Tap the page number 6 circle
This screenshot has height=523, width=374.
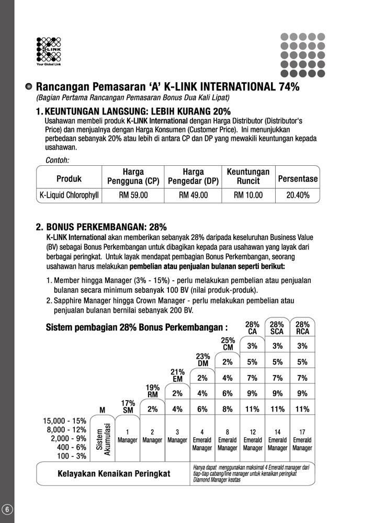coord(7,509)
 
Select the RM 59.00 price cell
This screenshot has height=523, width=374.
coord(133,195)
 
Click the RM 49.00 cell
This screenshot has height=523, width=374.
coord(193,195)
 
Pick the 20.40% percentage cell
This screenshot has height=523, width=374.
coord(298,195)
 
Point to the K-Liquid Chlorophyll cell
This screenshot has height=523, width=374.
coord(69,195)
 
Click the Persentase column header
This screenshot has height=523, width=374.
coord(298,179)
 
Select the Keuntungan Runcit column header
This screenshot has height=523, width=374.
coord(248,176)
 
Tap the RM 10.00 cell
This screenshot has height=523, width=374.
coord(248,195)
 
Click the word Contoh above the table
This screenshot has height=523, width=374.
coord(58,161)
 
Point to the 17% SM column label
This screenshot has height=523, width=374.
coord(128,407)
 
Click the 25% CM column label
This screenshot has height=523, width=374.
coord(228,344)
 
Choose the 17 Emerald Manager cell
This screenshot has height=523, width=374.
coord(302,440)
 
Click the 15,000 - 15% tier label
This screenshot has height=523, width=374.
coord(64,421)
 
